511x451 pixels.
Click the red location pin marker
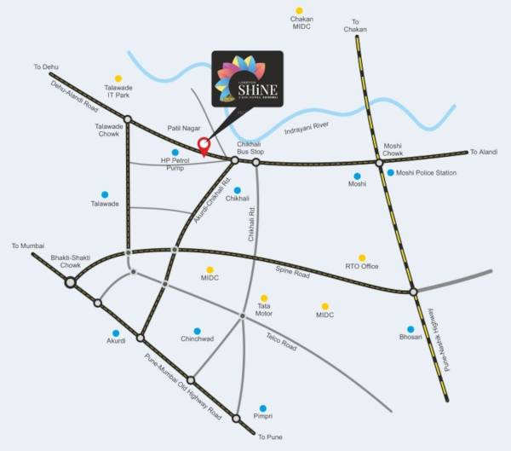(204, 146)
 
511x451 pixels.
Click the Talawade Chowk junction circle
(127, 120)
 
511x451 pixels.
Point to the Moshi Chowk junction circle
(380, 161)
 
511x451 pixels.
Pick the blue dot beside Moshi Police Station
(390, 173)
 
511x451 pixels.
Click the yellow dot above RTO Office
(362, 257)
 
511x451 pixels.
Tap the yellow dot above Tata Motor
(264, 298)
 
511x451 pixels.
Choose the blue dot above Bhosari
(410, 329)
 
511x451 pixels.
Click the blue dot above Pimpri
(263, 408)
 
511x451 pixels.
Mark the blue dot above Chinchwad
(197, 331)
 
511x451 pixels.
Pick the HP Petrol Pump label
(174, 164)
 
